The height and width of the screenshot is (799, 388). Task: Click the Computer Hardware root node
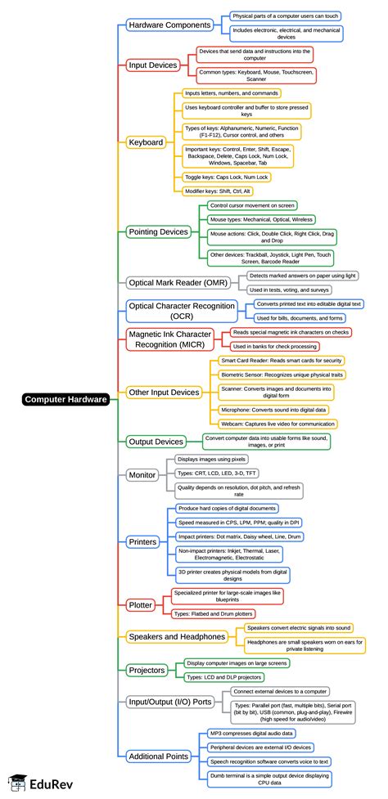pos(65,399)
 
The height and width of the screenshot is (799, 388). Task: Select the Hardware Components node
pos(169,25)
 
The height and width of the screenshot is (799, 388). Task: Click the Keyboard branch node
pos(147,142)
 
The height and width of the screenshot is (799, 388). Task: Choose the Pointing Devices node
pos(160,232)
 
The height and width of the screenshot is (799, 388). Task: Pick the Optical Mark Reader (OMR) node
pos(178,282)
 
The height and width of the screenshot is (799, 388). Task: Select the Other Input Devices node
pos(164,393)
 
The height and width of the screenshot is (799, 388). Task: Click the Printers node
pos(142,541)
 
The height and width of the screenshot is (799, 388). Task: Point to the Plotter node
pos(140,604)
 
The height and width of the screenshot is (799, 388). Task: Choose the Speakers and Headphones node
pos(176,636)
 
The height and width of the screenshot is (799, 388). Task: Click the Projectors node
pos(147,670)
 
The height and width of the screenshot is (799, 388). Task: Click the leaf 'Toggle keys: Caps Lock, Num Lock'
pos(227,177)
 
